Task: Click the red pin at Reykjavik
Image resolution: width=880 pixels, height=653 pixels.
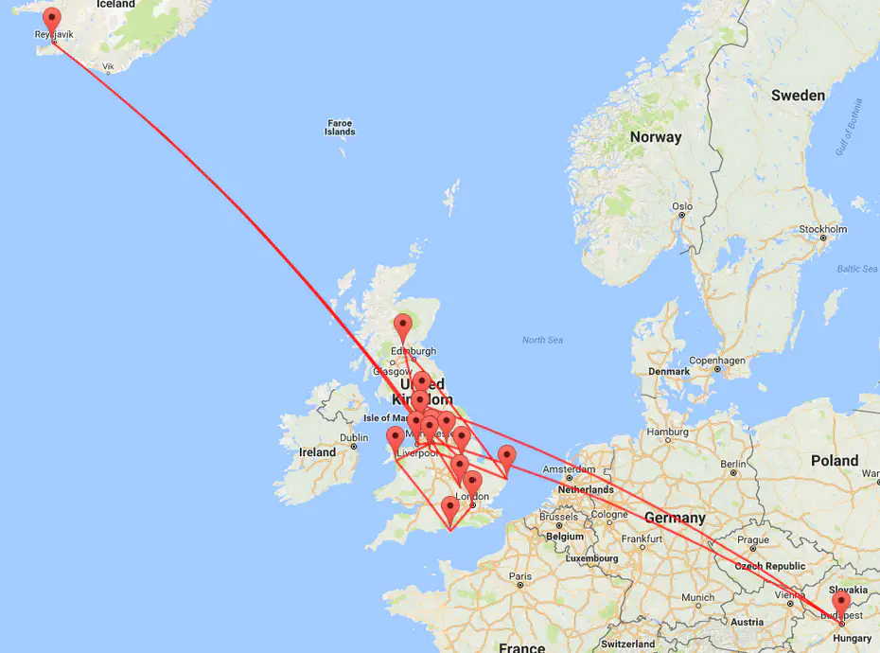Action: point(52,19)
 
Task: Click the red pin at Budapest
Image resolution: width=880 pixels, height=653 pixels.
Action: point(840,603)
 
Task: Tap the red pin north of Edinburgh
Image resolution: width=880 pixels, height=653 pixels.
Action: point(404,326)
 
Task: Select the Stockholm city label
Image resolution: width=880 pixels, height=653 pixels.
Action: point(822,229)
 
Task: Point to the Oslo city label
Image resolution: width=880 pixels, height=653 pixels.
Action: point(681,206)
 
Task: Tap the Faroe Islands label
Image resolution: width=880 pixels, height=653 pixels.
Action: point(340,127)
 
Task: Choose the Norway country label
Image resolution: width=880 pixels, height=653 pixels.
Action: point(655,137)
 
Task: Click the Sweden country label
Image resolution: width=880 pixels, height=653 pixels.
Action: point(797,96)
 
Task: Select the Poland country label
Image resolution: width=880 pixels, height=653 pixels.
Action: point(834,461)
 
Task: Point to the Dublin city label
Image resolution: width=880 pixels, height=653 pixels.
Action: point(354,438)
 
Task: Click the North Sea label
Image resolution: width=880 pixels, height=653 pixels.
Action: point(542,340)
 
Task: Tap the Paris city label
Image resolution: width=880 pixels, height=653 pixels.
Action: point(519,575)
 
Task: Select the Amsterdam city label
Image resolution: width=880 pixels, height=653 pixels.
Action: point(568,469)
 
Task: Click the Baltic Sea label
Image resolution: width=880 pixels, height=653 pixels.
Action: point(856,269)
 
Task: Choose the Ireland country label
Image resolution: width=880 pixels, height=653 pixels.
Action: point(317,452)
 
